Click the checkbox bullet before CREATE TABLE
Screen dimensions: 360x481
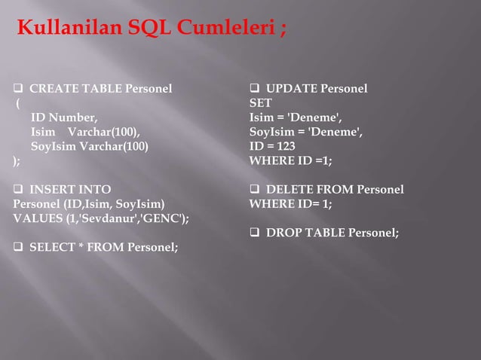coord(19,89)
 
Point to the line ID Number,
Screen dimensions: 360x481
coord(64,117)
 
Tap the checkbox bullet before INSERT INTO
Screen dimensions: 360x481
coord(19,189)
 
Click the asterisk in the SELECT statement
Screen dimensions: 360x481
coord(72,247)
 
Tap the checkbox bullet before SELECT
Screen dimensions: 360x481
coord(19,247)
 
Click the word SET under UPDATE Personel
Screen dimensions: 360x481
coord(261,103)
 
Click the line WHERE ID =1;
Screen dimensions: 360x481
coord(290,160)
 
